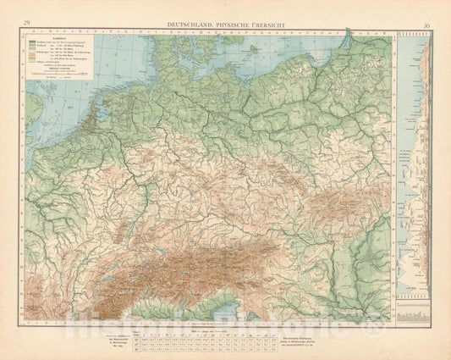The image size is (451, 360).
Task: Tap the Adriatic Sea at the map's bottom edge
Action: pos(224,313)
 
